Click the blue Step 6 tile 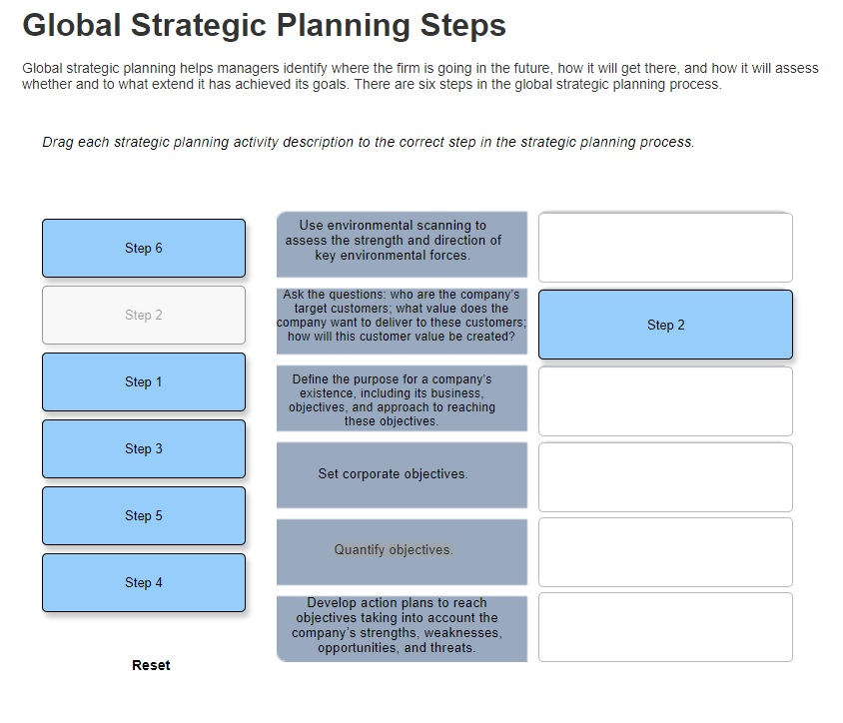(x=144, y=249)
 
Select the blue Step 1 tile (x=144, y=382)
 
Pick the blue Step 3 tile (x=144, y=448)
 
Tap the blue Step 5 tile (x=144, y=516)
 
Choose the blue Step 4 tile (x=144, y=583)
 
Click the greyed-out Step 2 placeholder (x=144, y=315)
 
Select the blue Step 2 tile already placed (x=665, y=325)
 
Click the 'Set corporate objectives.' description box (x=402, y=475)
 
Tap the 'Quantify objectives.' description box (x=402, y=552)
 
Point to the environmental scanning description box (x=402, y=245)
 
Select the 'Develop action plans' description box (x=402, y=629)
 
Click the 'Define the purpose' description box (x=402, y=398)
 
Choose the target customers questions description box (x=402, y=322)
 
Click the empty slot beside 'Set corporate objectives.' (x=665, y=477)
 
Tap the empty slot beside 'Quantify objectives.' (x=665, y=552)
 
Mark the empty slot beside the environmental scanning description (x=665, y=248)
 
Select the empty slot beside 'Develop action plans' (x=665, y=627)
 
